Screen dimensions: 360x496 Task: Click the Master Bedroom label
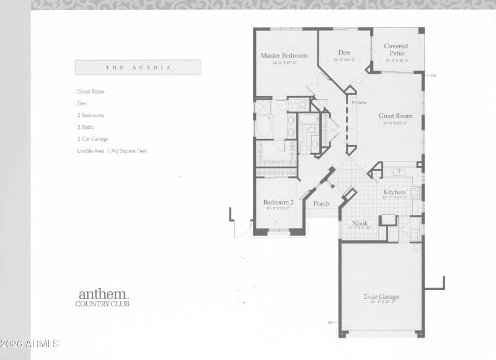pos(283,56)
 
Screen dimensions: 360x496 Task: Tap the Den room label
pos(344,53)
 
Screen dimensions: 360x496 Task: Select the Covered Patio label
pos(396,49)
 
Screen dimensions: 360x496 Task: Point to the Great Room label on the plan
pos(395,116)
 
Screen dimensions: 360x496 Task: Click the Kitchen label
pos(394,192)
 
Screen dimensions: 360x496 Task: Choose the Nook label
pos(360,223)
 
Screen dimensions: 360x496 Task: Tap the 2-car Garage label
pos(381,297)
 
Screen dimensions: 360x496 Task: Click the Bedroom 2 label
pos(278,202)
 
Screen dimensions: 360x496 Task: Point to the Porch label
pos(321,203)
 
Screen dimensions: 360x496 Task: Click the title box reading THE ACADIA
pos(138,67)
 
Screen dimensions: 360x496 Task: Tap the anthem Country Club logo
pos(102,297)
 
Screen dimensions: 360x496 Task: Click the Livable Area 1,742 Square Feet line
pos(112,151)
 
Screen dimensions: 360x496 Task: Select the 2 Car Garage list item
pos(92,139)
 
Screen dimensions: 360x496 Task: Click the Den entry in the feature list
pos(82,103)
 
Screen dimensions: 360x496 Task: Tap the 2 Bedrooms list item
pos(91,115)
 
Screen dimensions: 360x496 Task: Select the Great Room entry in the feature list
pos(91,92)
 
